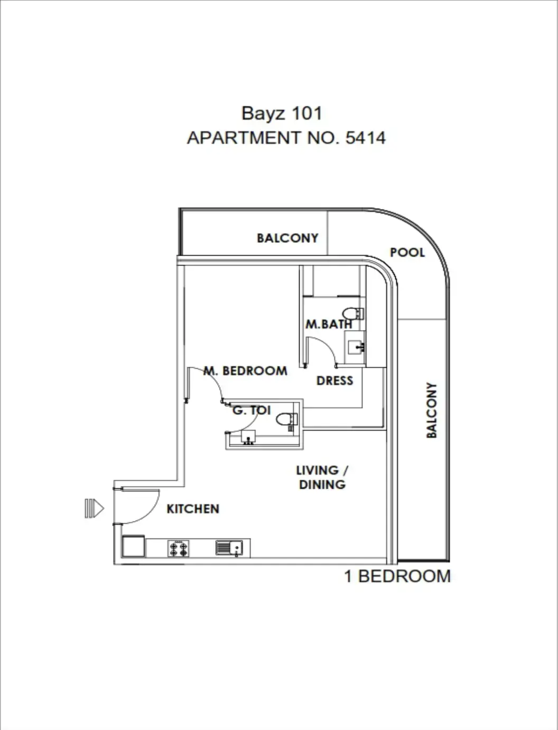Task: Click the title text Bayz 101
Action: point(281,113)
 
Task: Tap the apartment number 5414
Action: point(365,138)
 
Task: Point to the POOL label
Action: point(407,252)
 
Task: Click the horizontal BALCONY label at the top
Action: point(287,238)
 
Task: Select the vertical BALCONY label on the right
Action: point(432,410)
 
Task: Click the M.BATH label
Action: point(328,324)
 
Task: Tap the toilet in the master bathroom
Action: point(353,313)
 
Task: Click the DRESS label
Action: point(334,381)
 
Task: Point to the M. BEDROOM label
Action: point(246,371)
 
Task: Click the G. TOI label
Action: point(252,410)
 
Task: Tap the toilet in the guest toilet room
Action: point(287,419)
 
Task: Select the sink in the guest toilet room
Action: point(248,437)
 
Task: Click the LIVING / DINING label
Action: point(322,477)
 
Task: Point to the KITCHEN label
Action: point(193,509)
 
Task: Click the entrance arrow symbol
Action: point(94,508)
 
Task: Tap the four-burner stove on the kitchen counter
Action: point(179,549)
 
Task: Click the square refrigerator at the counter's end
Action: point(134,546)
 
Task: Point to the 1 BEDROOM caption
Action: point(397,576)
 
